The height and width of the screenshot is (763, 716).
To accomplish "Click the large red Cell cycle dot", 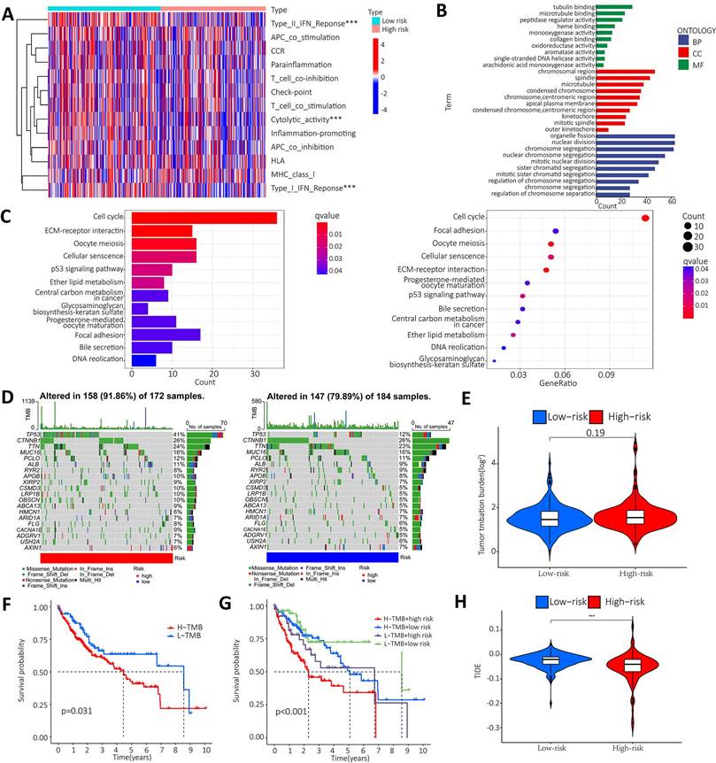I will click(x=646, y=218).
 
